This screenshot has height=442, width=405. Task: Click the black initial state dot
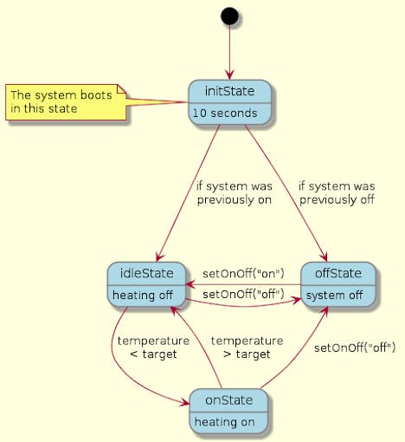229,16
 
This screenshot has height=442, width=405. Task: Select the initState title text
229,91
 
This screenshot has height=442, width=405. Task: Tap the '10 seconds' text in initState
225,114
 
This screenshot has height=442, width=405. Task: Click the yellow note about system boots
66,102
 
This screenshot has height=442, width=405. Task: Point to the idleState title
146,273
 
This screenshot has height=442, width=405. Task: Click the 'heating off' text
143,296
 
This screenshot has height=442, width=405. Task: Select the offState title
338,273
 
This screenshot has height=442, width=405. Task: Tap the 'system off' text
334,296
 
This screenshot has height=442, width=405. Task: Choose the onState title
229,400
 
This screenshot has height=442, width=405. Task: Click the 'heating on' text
225,422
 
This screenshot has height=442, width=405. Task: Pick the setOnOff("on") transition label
243,273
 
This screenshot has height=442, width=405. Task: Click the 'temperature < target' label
153,348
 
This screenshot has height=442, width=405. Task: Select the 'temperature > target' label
247,348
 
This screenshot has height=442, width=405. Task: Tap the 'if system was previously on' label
235,193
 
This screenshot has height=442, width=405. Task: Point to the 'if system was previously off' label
337,193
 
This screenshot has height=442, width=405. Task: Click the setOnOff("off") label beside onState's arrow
355,348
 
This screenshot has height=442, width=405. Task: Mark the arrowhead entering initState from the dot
229,75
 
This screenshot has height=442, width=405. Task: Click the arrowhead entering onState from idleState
185,402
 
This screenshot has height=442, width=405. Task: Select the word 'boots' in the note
96,95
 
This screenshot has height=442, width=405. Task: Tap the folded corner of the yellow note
122,89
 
